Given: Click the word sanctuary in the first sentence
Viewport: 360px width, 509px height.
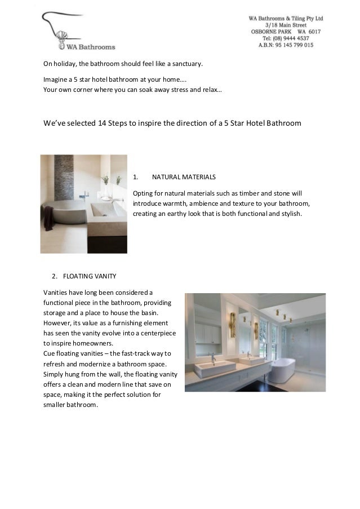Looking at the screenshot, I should point(184,64).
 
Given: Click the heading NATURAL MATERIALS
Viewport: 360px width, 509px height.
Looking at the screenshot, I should point(184,177).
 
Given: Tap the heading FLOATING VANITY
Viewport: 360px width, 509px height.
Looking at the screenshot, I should point(90,276).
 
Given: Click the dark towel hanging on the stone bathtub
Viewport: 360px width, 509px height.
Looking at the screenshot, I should point(48,217).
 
